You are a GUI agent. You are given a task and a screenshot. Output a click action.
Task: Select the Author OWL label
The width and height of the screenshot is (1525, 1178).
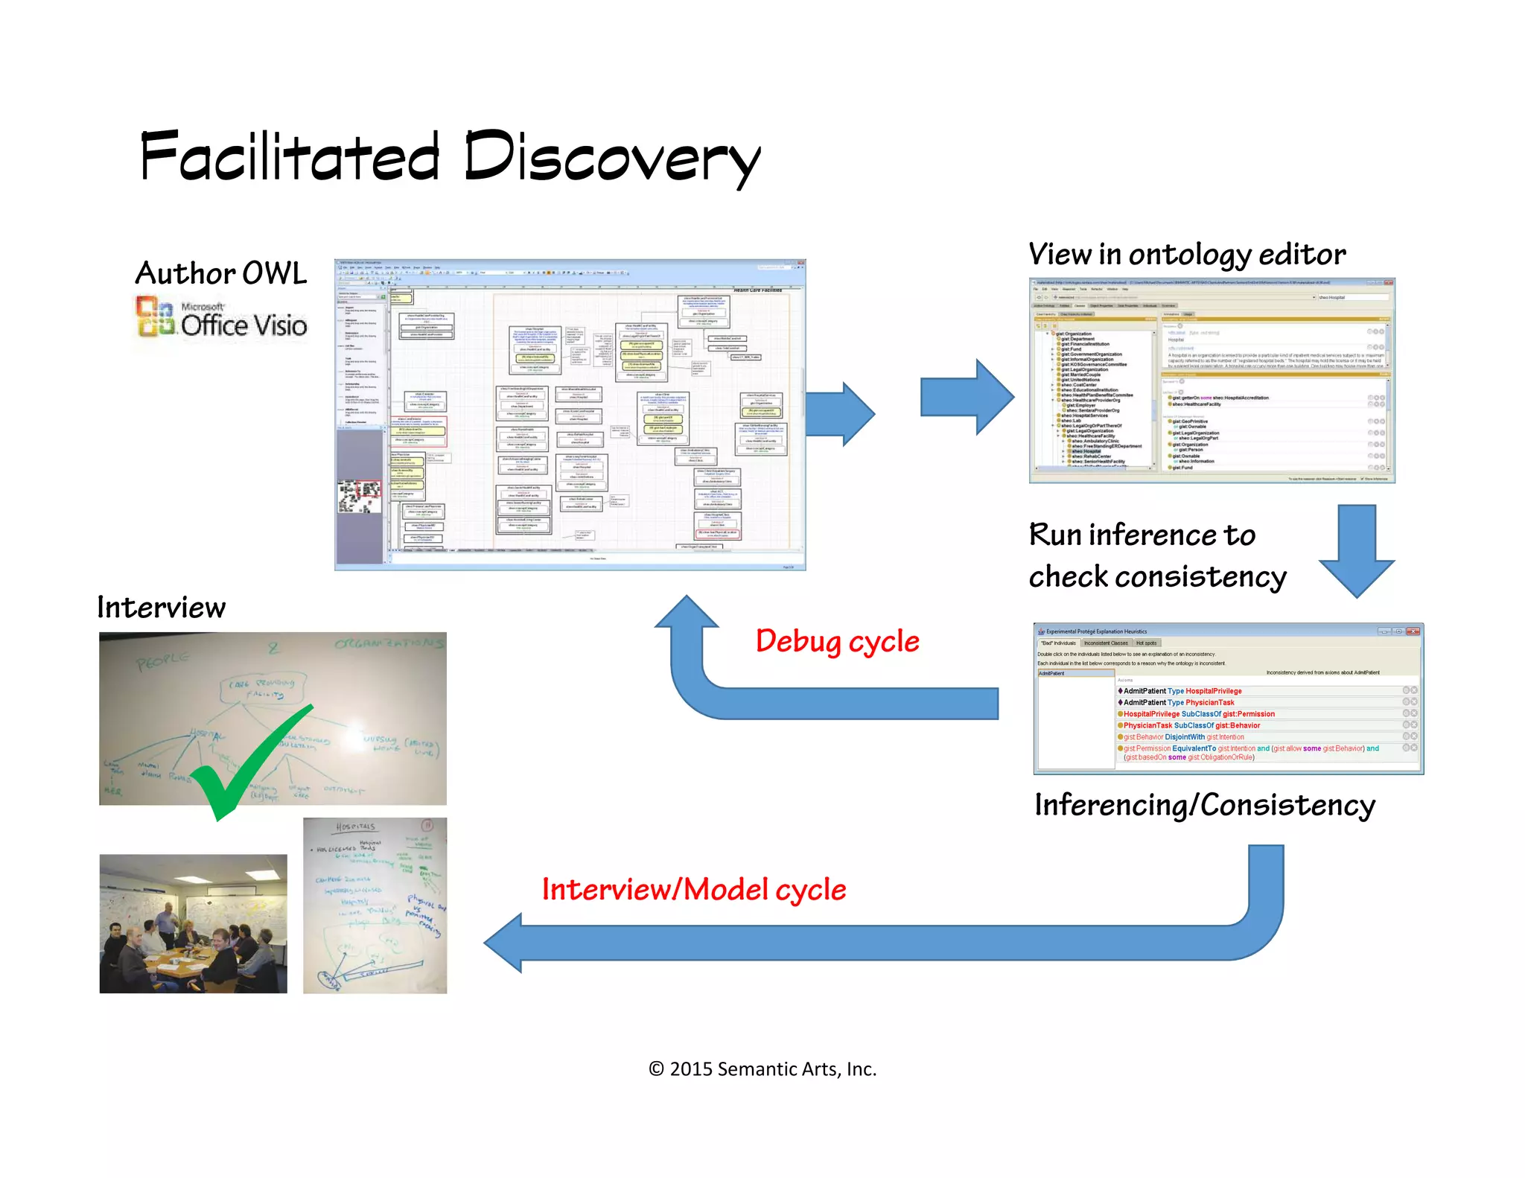[220, 273]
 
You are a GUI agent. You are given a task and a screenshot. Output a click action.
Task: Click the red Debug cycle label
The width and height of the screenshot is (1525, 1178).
[837, 641]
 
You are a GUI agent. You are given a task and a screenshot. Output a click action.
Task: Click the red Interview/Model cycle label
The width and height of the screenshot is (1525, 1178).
[693, 890]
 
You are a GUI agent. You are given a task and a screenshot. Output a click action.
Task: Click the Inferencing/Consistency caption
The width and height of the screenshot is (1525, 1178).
[1204, 806]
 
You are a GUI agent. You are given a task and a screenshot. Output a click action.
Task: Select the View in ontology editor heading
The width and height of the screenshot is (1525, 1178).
[1186, 255]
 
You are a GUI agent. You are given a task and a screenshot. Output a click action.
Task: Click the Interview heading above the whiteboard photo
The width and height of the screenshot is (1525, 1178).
[161, 608]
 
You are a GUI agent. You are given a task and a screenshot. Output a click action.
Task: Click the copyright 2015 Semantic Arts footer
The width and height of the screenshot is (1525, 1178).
[762, 1069]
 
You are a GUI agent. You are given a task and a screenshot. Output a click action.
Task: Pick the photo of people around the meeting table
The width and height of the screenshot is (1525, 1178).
[193, 923]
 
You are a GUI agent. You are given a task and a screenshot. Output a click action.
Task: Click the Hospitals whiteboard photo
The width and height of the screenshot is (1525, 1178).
[375, 905]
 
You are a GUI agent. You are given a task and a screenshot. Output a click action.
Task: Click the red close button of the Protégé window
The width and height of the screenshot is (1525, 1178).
[1413, 631]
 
